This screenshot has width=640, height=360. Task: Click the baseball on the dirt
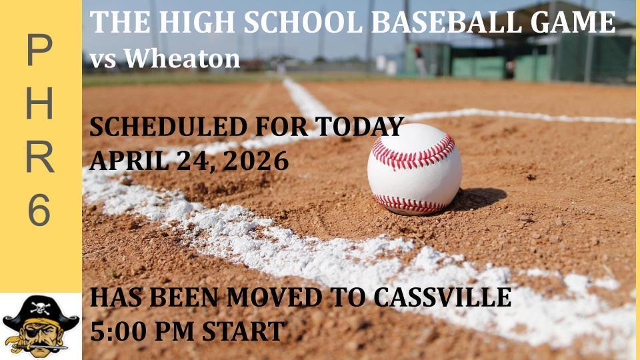[414, 169]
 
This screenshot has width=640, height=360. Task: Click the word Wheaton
[181, 59]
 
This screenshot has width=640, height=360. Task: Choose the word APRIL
[123, 160]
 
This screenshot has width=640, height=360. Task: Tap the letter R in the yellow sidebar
[39, 157]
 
